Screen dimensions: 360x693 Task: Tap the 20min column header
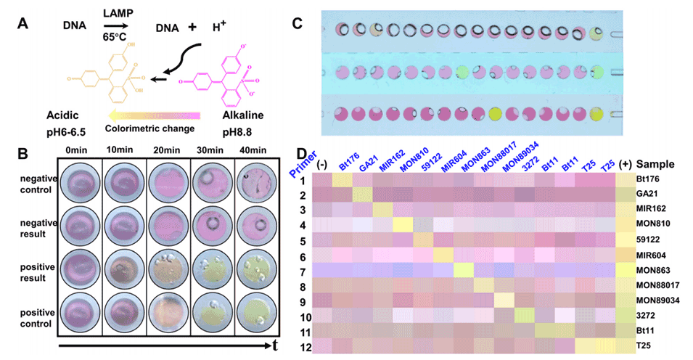[166, 150]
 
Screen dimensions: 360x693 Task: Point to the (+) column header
[623, 165]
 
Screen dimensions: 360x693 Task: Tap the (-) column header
[322, 165]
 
